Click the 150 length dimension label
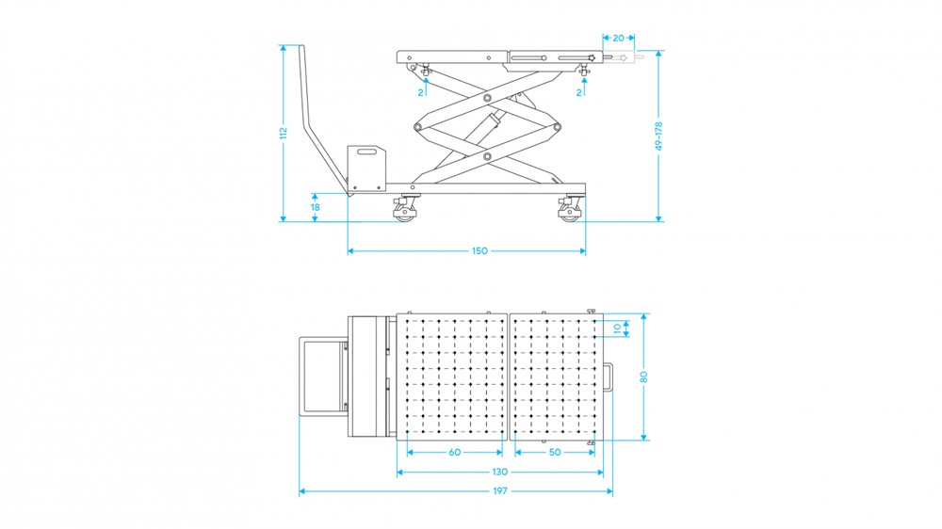click(479, 251)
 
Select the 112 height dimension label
click(284, 133)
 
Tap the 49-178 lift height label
click(659, 136)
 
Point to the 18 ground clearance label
click(315, 207)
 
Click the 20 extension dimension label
click(618, 38)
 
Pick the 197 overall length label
click(500, 491)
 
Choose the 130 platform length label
click(500, 472)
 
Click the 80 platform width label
click(644, 377)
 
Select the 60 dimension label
click(455, 452)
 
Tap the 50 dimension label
click(555, 452)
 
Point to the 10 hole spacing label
click(617, 329)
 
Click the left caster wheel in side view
click(405, 211)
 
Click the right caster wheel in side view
click(569, 211)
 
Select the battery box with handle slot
click(365, 168)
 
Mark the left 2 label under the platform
click(420, 92)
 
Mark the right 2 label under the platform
click(579, 92)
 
